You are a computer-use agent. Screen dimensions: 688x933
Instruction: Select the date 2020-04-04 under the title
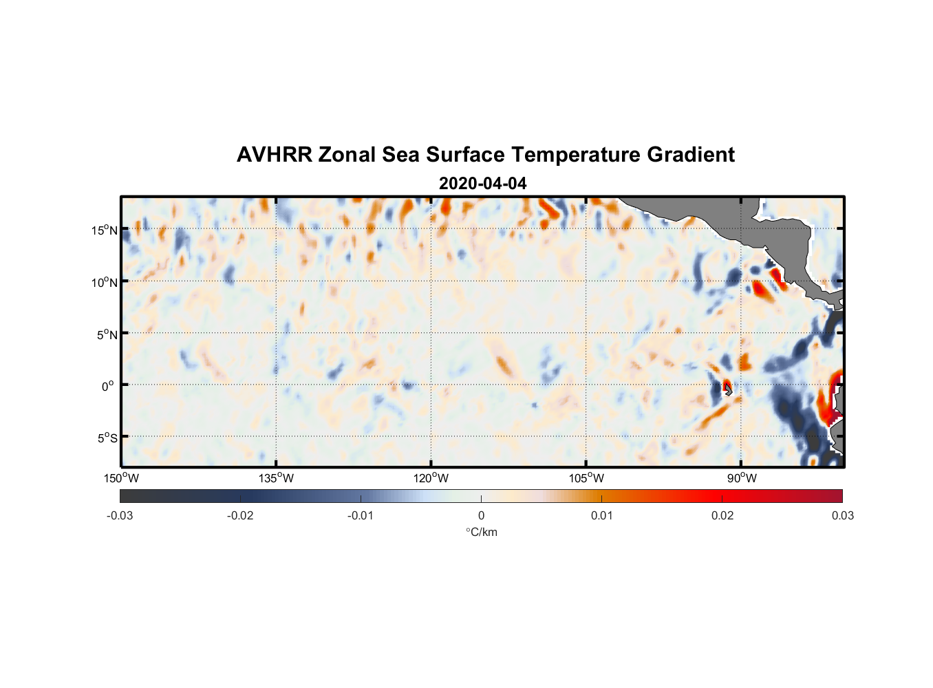(x=482, y=184)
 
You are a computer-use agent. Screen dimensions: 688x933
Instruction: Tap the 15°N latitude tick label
(x=104, y=230)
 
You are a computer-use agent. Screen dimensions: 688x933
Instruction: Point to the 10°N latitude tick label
(x=104, y=282)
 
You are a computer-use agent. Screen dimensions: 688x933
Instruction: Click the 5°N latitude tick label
(x=106, y=334)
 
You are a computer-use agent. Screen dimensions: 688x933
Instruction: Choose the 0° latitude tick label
(x=108, y=386)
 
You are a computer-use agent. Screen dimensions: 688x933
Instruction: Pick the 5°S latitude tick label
(x=106, y=438)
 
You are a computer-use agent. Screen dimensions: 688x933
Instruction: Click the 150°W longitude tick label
(x=121, y=478)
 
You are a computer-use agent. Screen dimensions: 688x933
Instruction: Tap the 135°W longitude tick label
(x=276, y=478)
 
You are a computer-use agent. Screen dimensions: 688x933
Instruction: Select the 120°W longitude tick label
(x=431, y=478)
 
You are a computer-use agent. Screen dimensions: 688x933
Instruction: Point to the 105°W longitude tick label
(x=586, y=478)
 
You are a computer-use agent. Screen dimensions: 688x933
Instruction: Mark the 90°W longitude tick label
(x=742, y=478)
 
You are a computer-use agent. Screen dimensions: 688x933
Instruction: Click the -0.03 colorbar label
(x=120, y=515)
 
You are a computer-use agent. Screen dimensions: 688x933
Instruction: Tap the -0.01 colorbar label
(x=361, y=515)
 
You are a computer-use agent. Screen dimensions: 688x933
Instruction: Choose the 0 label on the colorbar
(x=481, y=515)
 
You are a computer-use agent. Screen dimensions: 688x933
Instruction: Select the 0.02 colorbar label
(x=722, y=515)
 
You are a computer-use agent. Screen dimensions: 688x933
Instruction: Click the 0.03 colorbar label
(x=842, y=515)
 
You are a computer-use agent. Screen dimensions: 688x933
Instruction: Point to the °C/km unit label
(x=481, y=532)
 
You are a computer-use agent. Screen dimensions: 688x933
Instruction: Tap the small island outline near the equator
(x=728, y=389)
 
